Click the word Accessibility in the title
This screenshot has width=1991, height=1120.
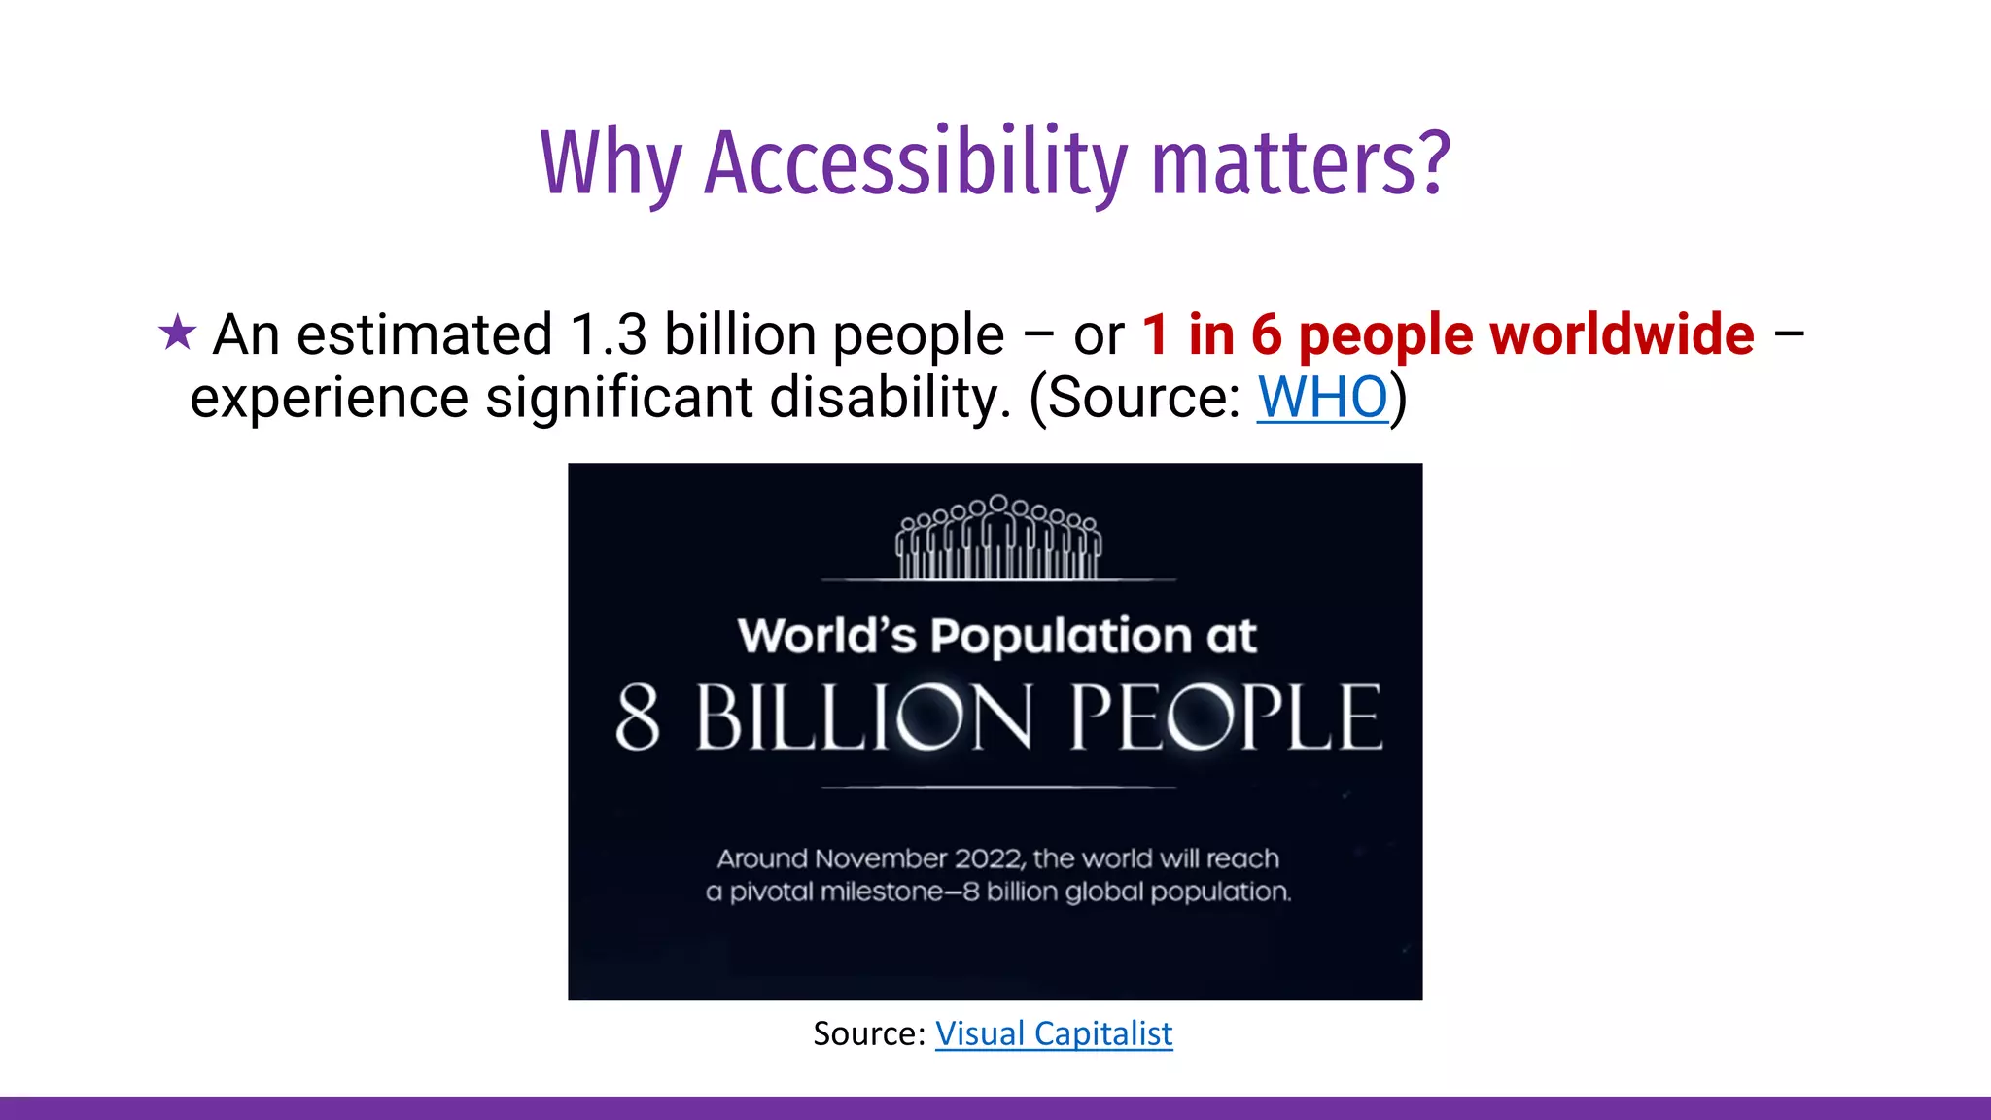(915, 163)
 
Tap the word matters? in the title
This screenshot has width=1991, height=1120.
(1301, 163)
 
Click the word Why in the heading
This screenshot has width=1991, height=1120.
(611, 163)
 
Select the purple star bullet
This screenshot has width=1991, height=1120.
(177, 332)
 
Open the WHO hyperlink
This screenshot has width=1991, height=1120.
(1322, 397)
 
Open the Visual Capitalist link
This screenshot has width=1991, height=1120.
(1054, 1033)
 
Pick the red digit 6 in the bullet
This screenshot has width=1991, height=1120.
(1266, 334)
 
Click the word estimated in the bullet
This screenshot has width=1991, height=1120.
(425, 334)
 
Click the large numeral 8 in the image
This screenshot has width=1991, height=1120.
(638, 717)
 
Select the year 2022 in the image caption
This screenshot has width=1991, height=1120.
(988, 858)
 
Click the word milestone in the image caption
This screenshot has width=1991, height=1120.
(881, 892)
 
